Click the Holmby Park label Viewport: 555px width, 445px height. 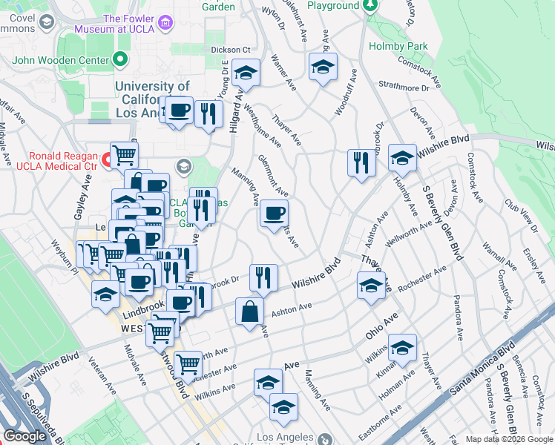[398, 46]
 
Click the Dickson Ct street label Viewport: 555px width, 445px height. [226, 50]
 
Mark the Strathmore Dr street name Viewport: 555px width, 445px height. [405, 88]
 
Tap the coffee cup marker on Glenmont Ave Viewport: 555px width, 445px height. [274, 215]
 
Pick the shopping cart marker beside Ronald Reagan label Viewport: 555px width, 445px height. [125, 156]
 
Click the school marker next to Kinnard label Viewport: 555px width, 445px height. [402, 347]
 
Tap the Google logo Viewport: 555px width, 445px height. [24, 436]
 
